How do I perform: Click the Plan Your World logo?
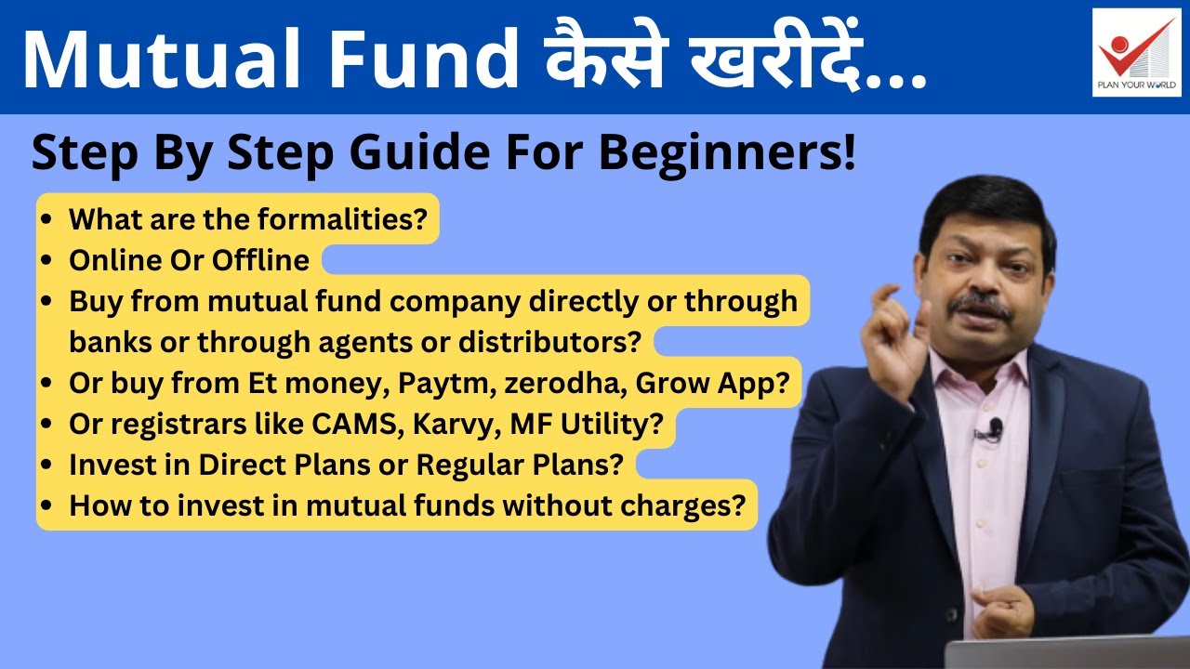[1136, 52]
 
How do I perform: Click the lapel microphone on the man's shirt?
[994, 428]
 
